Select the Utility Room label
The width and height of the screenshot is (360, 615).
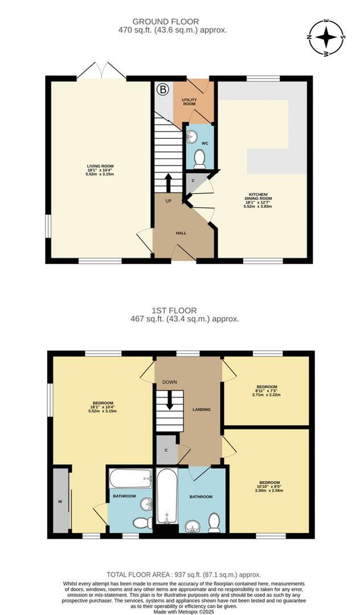[x=189, y=102]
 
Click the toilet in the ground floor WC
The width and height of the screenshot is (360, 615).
[x=199, y=158]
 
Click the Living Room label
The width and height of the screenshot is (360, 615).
[x=100, y=170]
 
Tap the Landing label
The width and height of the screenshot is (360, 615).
[x=202, y=409]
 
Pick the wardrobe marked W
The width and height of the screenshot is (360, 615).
[x=59, y=501]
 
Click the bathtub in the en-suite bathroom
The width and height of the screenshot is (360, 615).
[x=130, y=478]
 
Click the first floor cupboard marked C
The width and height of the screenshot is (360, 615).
[x=166, y=449]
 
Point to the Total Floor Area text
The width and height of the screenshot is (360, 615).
[x=180, y=575]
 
